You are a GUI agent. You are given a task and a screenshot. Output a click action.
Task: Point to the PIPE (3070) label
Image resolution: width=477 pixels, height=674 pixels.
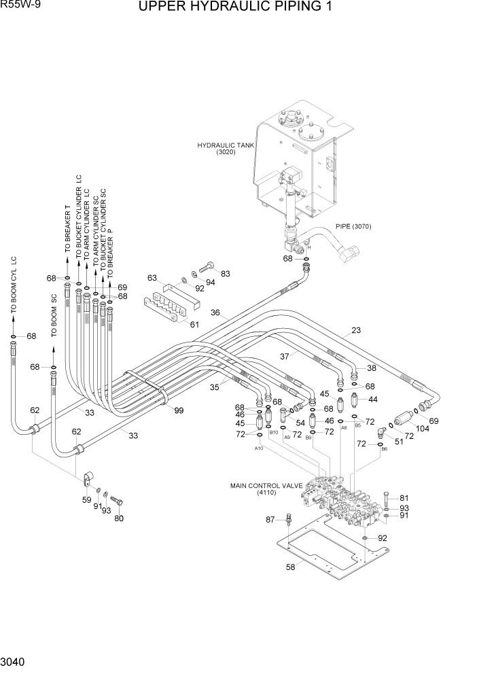(x=353, y=226)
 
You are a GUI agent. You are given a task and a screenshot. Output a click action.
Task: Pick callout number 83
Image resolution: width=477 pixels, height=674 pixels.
(x=226, y=274)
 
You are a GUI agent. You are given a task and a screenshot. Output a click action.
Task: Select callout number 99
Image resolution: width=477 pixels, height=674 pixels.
(x=179, y=410)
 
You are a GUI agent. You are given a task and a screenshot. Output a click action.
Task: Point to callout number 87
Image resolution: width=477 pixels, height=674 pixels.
(x=270, y=520)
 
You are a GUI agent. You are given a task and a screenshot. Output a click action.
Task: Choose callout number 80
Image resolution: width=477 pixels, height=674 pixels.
(x=120, y=519)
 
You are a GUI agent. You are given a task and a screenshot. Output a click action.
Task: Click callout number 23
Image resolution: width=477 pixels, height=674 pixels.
(x=355, y=332)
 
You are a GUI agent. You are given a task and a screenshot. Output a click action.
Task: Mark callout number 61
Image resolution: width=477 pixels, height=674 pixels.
(x=194, y=324)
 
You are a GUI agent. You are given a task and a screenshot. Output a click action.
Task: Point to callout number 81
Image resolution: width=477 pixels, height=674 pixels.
(x=404, y=497)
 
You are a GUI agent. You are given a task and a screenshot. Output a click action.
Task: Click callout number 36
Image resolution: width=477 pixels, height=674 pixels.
(x=215, y=313)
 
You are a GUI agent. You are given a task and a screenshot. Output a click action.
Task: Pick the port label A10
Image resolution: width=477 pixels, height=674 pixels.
(x=259, y=448)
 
